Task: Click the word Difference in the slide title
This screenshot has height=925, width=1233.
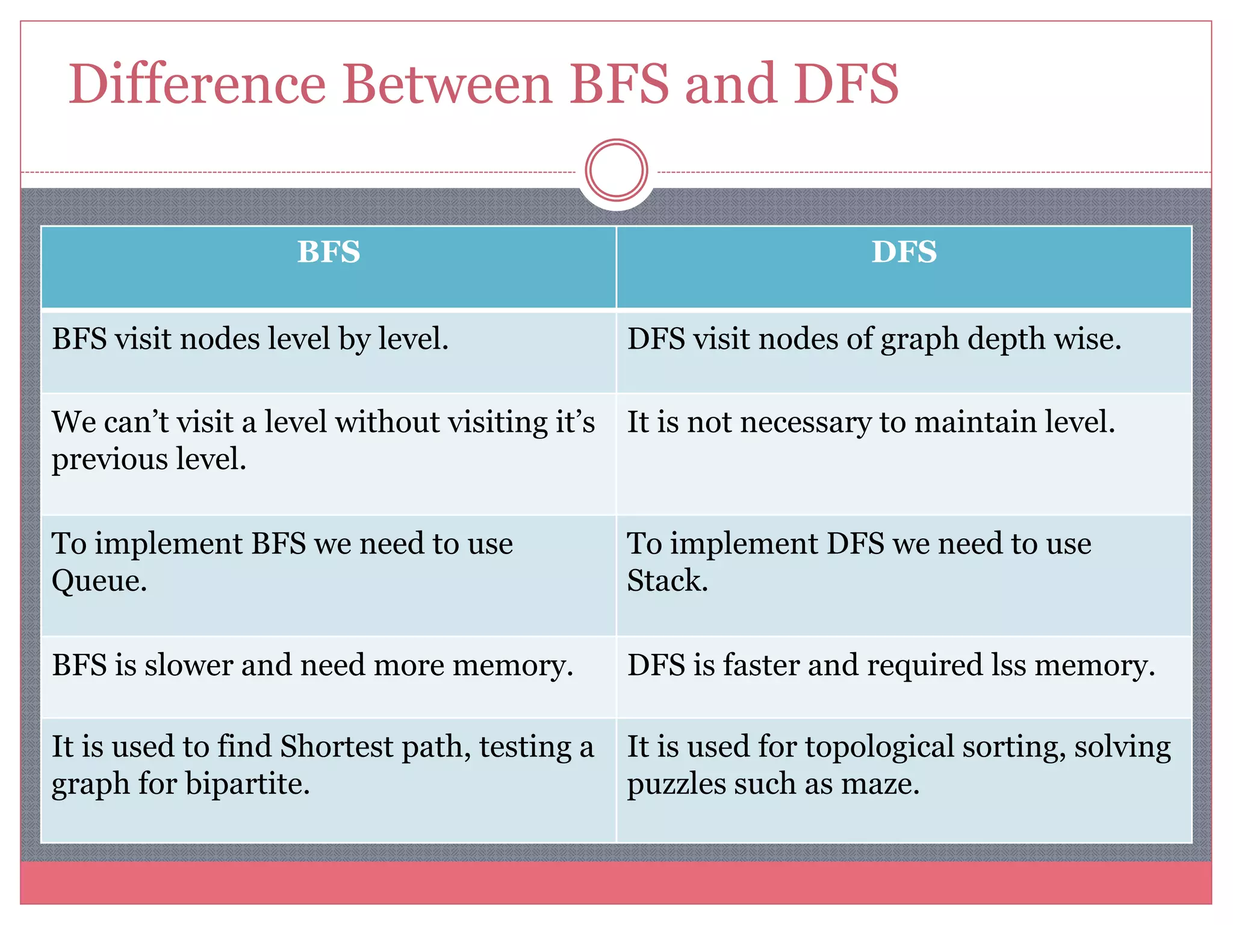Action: click(197, 84)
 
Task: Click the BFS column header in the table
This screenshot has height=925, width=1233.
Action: click(329, 252)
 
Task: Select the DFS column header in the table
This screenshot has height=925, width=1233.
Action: click(904, 252)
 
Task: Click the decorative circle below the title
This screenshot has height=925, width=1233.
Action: click(616, 170)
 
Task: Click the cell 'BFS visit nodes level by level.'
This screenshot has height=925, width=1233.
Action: click(250, 339)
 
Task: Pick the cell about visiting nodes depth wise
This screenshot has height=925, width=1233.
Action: click(874, 339)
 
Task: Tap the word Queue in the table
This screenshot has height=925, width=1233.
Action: click(99, 582)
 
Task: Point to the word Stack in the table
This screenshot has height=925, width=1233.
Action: click(667, 581)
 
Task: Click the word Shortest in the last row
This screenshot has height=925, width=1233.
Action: click(337, 747)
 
